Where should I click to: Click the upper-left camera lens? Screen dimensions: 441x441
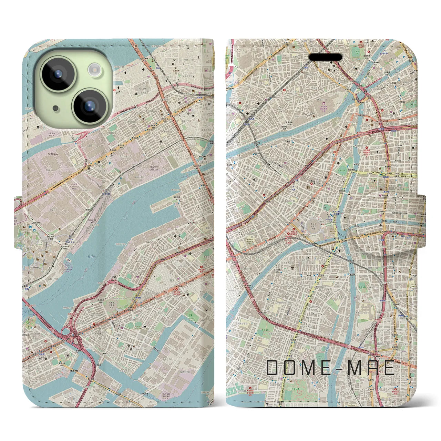[58, 73]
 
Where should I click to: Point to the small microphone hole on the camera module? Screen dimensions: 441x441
[55, 109]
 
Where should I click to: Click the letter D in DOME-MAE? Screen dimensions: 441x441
[273, 368]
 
